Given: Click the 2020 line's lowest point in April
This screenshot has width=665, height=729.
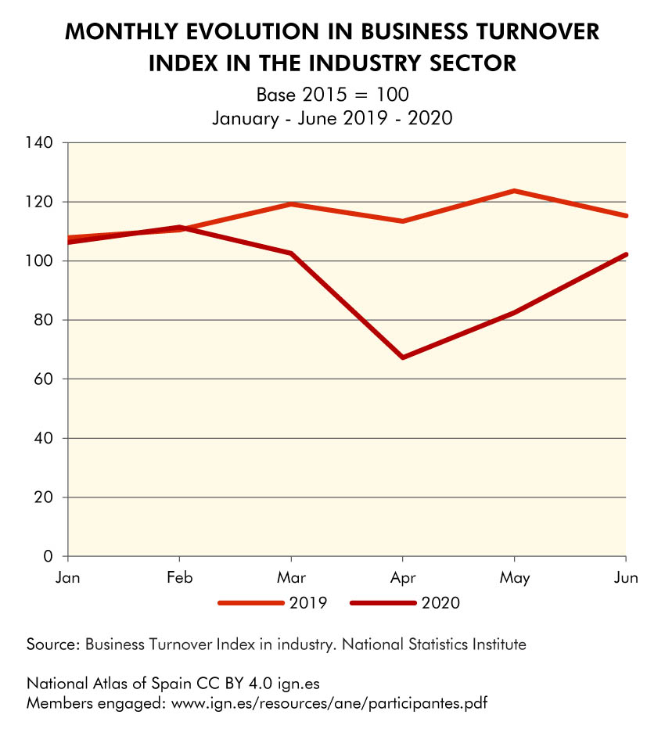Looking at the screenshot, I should (x=403, y=357).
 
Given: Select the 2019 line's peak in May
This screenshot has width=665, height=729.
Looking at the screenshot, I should (x=514, y=191).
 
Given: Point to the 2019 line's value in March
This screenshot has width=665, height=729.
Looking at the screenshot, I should (x=292, y=204).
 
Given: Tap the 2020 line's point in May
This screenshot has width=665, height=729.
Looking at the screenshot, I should (x=514, y=313).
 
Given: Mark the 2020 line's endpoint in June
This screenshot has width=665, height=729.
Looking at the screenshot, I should (x=625, y=254).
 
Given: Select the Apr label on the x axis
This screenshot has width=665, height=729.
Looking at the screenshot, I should (x=403, y=578).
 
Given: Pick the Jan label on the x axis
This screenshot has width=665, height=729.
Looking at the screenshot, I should (x=69, y=578).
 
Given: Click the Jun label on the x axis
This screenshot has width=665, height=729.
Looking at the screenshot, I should (x=626, y=578).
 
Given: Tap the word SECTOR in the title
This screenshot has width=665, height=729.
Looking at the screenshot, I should (x=469, y=63).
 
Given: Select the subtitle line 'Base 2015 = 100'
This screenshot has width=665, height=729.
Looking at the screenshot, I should (x=332, y=95).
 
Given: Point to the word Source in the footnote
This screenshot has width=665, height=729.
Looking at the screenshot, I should (x=52, y=645).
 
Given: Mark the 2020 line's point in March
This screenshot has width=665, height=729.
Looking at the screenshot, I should (x=292, y=253).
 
